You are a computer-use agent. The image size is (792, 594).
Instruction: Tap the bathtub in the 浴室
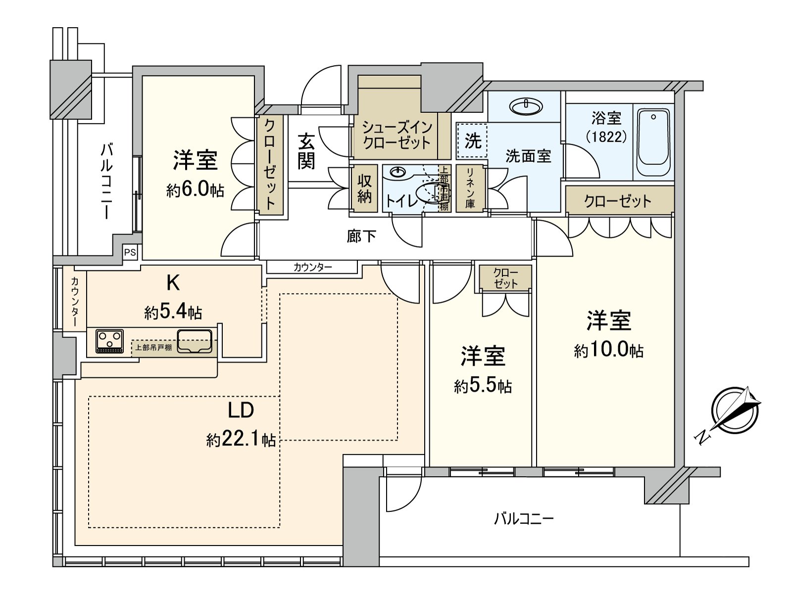click(653, 142)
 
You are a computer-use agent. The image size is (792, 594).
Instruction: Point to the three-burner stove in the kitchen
click(110, 342)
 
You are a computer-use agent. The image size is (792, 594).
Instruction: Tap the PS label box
click(130, 252)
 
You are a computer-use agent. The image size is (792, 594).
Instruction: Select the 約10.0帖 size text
click(608, 351)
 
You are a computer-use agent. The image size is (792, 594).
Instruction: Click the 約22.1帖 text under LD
click(241, 440)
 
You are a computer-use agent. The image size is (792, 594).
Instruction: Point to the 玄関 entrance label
click(306, 151)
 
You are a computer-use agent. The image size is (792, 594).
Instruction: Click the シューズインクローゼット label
click(396, 136)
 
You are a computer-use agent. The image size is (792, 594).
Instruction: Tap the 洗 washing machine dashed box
click(472, 141)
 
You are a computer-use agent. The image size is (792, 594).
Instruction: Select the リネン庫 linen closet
click(469, 189)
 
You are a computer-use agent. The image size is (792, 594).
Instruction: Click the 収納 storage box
click(364, 189)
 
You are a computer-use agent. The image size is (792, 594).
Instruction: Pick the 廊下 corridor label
click(361, 237)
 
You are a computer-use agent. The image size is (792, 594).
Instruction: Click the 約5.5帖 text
click(483, 386)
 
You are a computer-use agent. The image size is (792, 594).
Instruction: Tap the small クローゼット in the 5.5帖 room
click(505, 279)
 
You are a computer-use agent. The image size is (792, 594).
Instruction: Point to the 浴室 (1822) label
click(606, 127)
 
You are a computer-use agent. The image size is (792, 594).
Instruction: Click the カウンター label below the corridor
click(312, 267)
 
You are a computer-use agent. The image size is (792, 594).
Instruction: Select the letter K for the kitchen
click(172, 283)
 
